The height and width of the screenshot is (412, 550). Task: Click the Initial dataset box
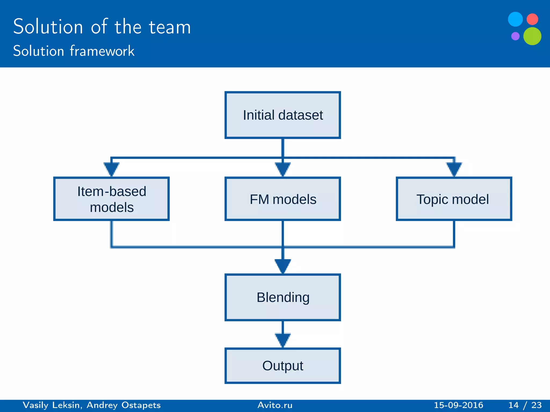click(283, 115)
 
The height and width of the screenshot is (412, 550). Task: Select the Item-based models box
click(111, 199)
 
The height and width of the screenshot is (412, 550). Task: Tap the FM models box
click(283, 199)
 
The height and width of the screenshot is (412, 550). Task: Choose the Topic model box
click(454, 199)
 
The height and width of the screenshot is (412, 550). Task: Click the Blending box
click(283, 297)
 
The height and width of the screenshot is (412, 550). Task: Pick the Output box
click(283, 366)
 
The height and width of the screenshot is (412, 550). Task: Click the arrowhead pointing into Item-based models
click(111, 168)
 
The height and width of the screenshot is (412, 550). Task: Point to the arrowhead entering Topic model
click(454, 168)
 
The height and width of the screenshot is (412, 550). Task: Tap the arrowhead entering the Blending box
click(283, 266)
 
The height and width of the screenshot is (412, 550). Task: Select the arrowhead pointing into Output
click(283, 340)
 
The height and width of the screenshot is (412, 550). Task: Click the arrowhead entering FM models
click(283, 168)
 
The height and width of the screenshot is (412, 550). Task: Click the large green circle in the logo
click(532, 36)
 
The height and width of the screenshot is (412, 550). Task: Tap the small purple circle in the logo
click(515, 36)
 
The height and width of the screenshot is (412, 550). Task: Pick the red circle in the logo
click(532, 19)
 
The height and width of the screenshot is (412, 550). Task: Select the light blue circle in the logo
click(515, 19)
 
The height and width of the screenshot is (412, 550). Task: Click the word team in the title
click(170, 27)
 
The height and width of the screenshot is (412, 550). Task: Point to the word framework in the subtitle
click(102, 51)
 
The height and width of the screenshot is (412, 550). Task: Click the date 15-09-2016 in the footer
click(458, 405)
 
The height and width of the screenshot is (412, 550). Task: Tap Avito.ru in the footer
click(275, 405)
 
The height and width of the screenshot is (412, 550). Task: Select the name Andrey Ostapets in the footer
click(124, 405)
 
